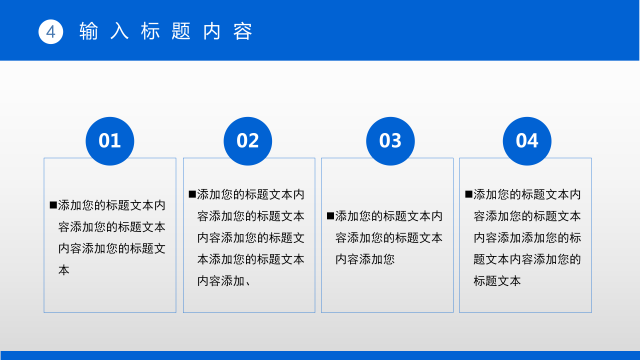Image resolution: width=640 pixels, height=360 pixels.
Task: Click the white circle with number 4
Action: click(x=50, y=31)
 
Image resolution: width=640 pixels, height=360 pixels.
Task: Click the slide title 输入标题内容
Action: click(x=166, y=31)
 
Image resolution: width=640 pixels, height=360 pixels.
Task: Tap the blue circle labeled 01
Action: click(x=110, y=141)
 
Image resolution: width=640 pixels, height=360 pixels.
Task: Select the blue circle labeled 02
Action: click(x=247, y=141)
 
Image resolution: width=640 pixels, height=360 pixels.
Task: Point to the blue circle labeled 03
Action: click(x=390, y=141)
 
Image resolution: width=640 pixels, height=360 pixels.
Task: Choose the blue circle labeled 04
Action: click(x=527, y=141)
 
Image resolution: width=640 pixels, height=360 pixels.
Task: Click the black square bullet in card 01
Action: click(x=53, y=205)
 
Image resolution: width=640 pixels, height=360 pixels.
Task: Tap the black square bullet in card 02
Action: click(x=192, y=194)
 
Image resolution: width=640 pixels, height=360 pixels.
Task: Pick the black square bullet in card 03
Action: click(x=330, y=216)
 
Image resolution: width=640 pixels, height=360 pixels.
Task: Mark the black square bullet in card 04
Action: click(x=468, y=194)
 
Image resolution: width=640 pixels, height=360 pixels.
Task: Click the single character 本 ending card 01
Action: click(x=64, y=270)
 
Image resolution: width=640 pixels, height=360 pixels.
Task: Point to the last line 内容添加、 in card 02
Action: click(x=224, y=281)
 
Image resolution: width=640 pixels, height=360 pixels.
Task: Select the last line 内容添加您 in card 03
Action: click(x=365, y=259)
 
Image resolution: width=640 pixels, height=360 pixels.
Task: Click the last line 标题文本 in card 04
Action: click(x=497, y=281)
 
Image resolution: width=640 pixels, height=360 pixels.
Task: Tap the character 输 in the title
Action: click(x=88, y=31)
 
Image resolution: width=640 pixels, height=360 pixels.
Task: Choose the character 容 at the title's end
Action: click(x=243, y=31)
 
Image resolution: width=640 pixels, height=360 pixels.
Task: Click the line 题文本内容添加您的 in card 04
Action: click(x=527, y=259)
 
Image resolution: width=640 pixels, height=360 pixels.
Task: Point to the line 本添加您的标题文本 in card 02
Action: click(x=250, y=259)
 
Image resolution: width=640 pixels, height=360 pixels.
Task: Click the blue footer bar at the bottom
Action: click(x=320, y=355)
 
